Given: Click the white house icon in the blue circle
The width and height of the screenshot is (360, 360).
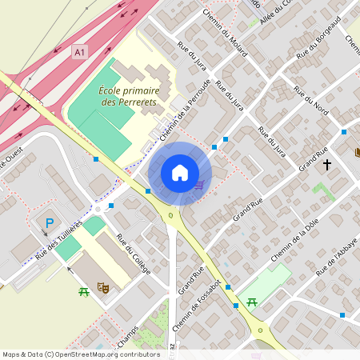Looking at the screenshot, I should (x=180, y=172).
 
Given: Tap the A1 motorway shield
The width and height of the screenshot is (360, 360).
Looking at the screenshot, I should (x=79, y=52).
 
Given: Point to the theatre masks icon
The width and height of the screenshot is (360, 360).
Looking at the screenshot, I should (x=102, y=286).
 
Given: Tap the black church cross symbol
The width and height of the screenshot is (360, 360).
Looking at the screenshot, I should (x=326, y=165).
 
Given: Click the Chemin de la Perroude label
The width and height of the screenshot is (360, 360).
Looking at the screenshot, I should (x=185, y=112).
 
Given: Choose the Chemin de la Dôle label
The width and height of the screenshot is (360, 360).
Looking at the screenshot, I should (x=294, y=240).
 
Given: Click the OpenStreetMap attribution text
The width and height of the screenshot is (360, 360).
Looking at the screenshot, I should (x=81, y=354).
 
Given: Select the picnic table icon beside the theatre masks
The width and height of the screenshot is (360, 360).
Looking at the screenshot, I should (x=83, y=292).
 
